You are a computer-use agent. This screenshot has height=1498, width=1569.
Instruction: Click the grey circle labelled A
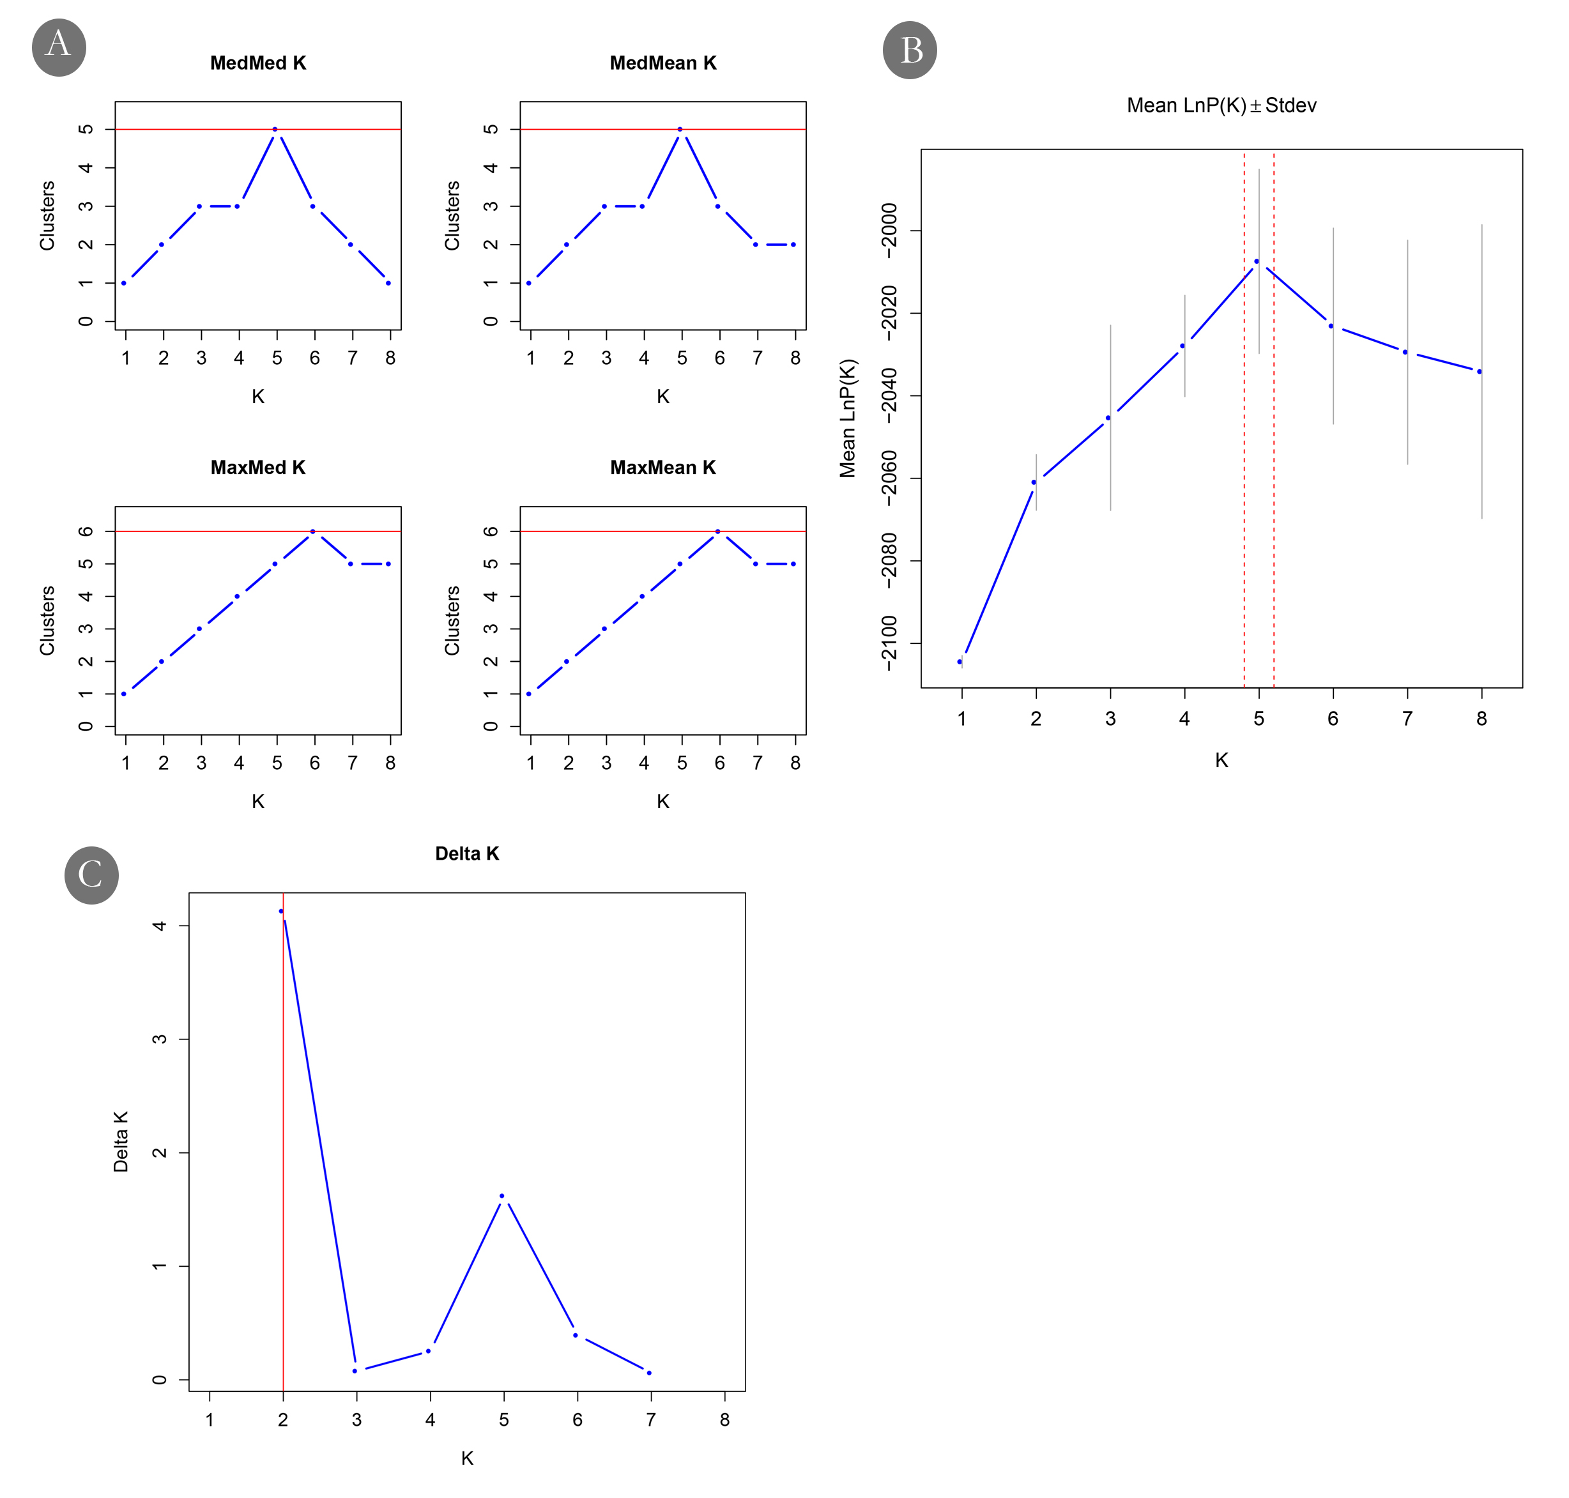58,49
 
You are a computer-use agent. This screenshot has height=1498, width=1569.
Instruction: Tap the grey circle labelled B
910,50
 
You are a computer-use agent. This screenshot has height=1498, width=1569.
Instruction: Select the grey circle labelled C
91,875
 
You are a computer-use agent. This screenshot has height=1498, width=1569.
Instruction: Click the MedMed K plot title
258,63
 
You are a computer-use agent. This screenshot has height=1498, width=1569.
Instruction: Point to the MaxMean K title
662,468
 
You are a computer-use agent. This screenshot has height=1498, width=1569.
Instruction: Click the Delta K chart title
467,853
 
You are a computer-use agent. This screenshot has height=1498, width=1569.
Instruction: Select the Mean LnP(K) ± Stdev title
1221,105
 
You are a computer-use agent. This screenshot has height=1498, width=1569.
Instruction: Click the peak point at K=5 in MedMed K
275,129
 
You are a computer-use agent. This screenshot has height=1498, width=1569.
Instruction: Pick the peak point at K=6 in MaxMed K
312,531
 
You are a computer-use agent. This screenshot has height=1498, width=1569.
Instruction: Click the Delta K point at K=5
501,1196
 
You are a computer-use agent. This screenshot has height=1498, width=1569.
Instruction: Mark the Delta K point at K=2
281,911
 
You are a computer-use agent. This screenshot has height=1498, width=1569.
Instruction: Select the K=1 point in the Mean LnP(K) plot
960,662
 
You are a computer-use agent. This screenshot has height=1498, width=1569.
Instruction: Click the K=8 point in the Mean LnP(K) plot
1480,372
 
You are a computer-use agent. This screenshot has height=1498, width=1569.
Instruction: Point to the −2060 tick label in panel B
889,478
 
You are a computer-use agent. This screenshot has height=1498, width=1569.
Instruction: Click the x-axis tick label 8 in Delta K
724,1419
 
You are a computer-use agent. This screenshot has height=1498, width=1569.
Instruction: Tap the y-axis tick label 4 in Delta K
160,926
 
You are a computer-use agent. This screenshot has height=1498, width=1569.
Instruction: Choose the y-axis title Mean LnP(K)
847,418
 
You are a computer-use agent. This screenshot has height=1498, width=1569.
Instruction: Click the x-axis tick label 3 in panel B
1110,719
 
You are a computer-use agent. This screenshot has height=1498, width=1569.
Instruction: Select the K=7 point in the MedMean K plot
755,244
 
